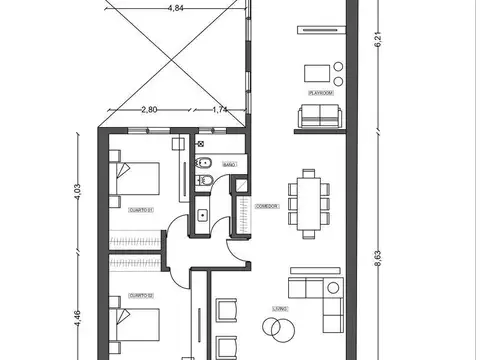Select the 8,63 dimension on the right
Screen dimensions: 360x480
(x=378, y=257)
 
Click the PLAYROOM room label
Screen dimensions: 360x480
(x=319, y=93)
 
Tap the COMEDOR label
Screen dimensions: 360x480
(x=266, y=205)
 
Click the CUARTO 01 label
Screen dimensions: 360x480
(x=140, y=211)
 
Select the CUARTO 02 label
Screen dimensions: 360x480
(x=140, y=296)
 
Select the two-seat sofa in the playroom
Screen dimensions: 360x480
(x=318, y=117)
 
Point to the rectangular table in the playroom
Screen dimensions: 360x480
(x=318, y=72)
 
